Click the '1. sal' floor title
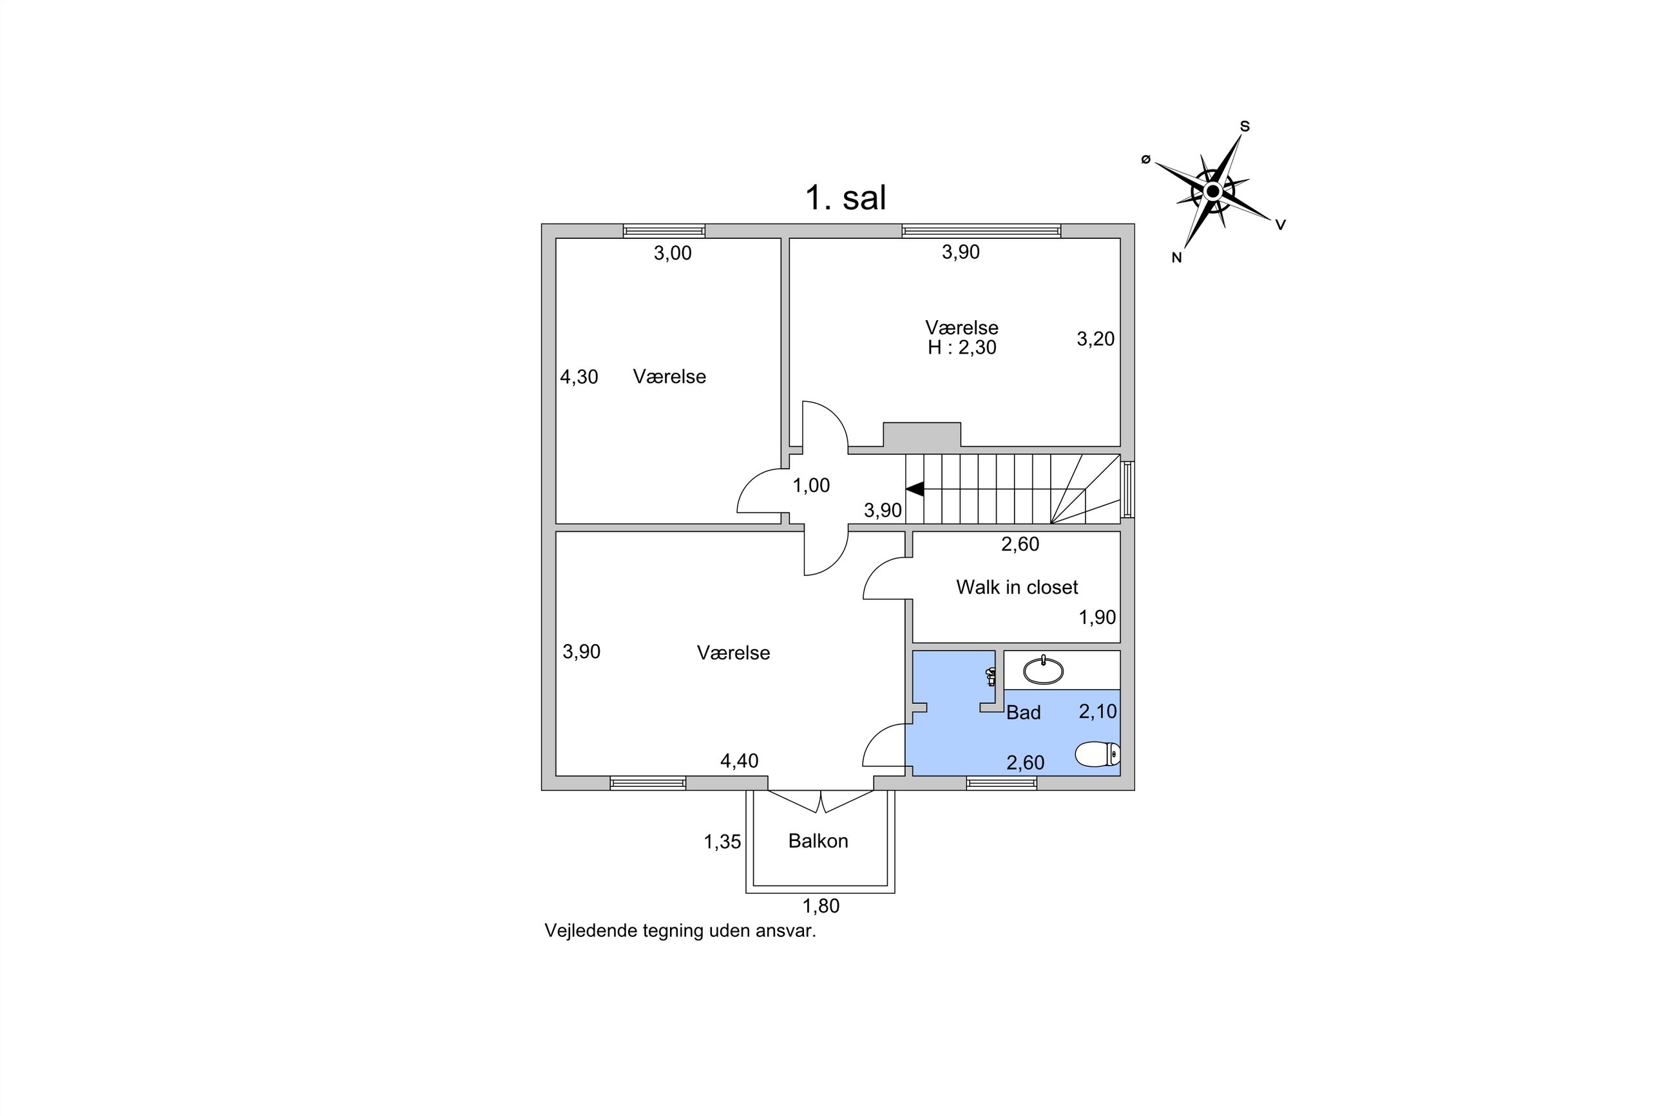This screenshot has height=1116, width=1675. coord(845,197)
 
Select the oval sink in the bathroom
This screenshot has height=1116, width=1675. coord(1043,670)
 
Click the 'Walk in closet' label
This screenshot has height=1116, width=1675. coord(1017,587)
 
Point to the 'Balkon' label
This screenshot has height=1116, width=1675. coord(818,840)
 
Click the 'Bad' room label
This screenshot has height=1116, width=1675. coord(1023,712)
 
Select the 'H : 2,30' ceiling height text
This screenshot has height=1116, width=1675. coord(962,347)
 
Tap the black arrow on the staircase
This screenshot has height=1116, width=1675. coord(915,489)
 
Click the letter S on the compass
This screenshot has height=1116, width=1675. coord(1245,127)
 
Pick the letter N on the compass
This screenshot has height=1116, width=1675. coord(1177,258)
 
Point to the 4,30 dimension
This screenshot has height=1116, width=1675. coord(579,377)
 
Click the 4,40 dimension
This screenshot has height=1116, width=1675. coord(739,761)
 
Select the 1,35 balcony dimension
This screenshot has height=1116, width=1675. coord(723,842)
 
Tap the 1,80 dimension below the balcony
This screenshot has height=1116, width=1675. coord(821,906)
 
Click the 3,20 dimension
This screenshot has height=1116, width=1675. coord(1096,339)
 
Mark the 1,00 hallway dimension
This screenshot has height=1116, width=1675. coord(812,486)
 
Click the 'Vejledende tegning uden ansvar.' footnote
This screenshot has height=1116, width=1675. coord(680,931)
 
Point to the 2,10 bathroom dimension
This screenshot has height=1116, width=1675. coord(1098,711)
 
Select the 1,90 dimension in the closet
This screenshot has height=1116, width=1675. coord(1097,617)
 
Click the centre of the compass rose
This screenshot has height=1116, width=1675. coord(1213,191)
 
